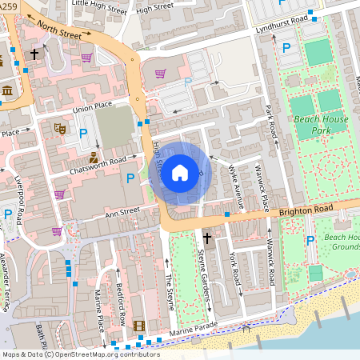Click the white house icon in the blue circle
pyautogui.click(x=180, y=172)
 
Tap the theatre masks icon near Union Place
pyautogui.click(x=59, y=127)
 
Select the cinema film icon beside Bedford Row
pyautogui.click(x=140, y=326)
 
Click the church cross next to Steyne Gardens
pyautogui.click(x=207, y=238)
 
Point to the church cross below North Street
pyautogui.click(x=34, y=54)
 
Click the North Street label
pyautogui.click(x=59, y=31)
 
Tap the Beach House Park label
pyautogui.click(x=322, y=124)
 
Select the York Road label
pyautogui.click(x=234, y=270)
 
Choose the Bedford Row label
pyautogui.click(x=121, y=298)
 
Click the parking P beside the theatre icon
pyautogui.click(x=82, y=124)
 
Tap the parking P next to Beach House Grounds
pyautogui.click(x=310, y=241)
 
